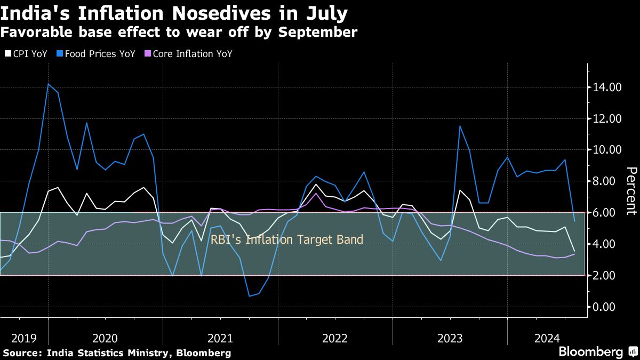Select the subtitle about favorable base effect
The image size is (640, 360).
coord(179,32)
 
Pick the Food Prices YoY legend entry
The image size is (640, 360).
coord(99,54)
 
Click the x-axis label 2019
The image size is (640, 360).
coord(23,338)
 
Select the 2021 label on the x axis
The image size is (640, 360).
coord(220,338)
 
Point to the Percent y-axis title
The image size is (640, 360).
coord(631,190)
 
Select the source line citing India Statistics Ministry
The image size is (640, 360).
coord(117,353)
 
